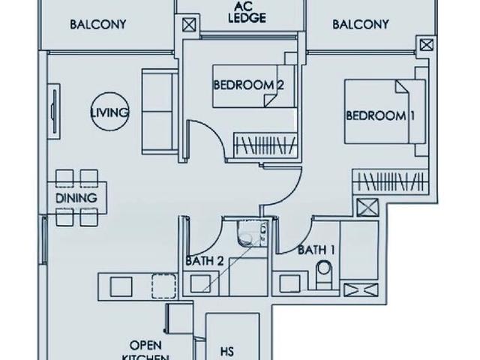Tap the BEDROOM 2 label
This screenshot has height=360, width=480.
248,85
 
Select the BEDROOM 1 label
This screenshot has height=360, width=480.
380,115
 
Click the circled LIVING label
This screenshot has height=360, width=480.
109,112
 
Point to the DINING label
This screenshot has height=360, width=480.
76,198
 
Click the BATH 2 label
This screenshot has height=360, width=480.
205,260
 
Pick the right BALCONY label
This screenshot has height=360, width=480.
361,24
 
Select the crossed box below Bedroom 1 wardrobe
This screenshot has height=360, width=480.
367,208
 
